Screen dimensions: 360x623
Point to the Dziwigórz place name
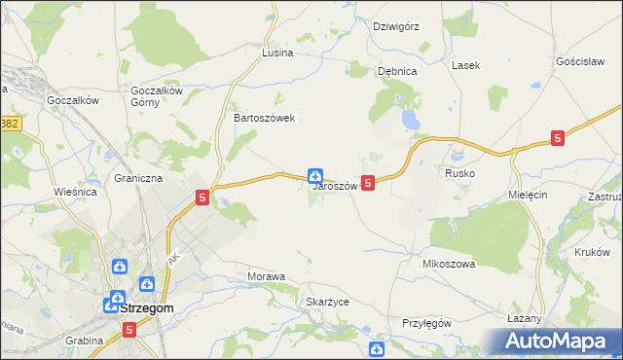(x=396, y=26)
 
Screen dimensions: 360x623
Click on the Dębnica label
(x=397, y=71)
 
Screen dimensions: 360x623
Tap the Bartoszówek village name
(x=264, y=118)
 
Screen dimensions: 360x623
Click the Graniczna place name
(x=138, y=179)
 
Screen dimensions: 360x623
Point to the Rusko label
(x=459, y=172)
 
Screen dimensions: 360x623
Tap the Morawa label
(x=267, y=277)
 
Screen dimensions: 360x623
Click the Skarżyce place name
(x=327, y=302)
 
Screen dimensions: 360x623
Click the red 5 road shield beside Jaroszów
(x=368, y=182)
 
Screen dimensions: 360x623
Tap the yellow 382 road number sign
(x=10, y=124)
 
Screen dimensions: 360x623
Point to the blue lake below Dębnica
(x=412, y=121)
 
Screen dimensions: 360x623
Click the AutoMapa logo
(x=559, y=341)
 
